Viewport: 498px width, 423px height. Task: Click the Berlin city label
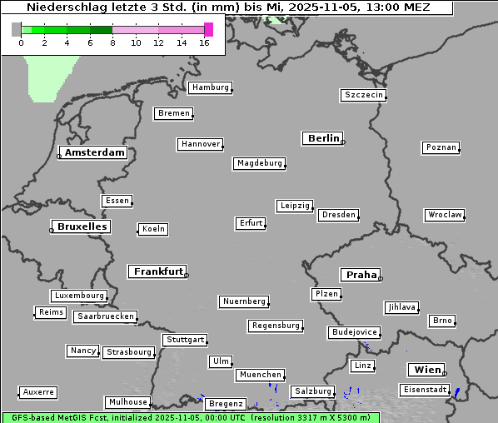(323, 138)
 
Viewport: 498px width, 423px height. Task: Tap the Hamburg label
(209, 87)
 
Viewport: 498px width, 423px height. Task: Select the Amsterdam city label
(94, 152)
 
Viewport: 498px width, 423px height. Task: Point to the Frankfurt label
(158, 271)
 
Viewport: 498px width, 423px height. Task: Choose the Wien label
(425, 370)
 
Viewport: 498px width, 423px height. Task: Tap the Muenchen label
(261, 376)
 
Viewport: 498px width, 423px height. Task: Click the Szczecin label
(363, 95)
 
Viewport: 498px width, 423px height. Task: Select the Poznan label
(441, 147)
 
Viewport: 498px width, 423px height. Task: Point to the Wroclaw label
(444, 215)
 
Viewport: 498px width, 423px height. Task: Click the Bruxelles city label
(82, 226)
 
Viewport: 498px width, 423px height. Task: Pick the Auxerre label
(38, 391)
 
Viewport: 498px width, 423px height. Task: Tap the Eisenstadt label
(424, 390)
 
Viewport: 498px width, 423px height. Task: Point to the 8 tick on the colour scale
(112, 42)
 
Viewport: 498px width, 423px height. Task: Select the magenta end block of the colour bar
(208, 29)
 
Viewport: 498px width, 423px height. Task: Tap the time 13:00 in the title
(362, 7)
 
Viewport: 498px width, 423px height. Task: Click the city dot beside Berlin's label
(343, 142)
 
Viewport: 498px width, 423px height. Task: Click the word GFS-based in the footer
(32, 417)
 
